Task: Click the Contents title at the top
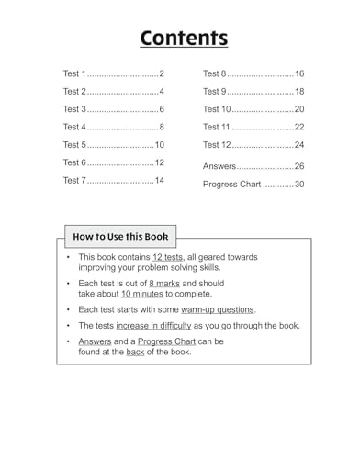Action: pyautogui.click(x=183, y=38)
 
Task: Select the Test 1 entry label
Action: pyautogui.click(x=74, y=73)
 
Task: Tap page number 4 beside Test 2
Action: pyautogui.click(x=161, y=92)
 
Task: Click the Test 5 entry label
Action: pyautogui.click(x=74, y=145)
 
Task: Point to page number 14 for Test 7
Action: pyautogui.click(x=159, y=181)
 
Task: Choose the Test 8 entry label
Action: pyautogui.click(x=215, y=73)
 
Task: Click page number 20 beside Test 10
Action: pyautogui.click(x=298, y=109)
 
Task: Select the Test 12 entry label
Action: pyautogui.click(x=218, y=145)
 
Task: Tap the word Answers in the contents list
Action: pyautogui.click(x=219, y=167)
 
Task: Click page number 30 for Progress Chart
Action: pyautogui.click(x=298, y=185)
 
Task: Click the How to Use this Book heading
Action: pyautogui.click(x=120, y=236)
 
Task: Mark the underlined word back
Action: pyautogui.click(x=135, y=352)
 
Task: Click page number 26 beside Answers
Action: pyautogui.click(x=298, y=167)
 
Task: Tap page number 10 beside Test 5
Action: pyautogui.click(x=159, y=145)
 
